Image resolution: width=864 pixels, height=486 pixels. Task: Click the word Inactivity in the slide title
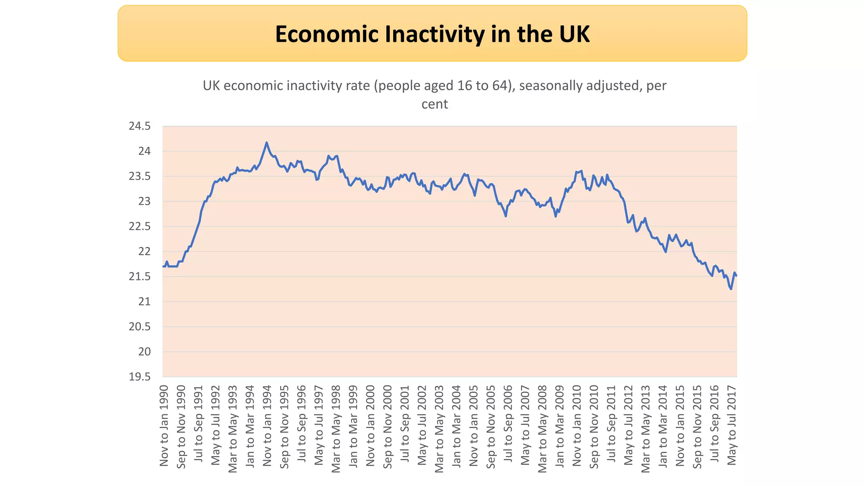point(434,34)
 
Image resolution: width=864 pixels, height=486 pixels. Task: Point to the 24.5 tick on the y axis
point(140,126)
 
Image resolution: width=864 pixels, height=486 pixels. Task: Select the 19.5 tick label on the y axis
point(140,377)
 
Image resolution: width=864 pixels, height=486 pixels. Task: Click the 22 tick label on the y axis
point(144,251)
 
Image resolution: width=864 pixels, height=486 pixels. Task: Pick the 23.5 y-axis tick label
point(140,176)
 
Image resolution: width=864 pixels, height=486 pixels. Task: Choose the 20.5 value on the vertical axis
point(140,327)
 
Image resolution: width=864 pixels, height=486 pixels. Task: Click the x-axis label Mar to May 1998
point(336,428)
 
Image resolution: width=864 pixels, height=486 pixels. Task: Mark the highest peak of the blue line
point(266,143)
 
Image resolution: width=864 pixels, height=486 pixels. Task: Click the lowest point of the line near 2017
point(731,289)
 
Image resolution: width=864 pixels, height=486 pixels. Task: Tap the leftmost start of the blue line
point(163,266)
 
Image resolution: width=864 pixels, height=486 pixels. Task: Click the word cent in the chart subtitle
point(435,104)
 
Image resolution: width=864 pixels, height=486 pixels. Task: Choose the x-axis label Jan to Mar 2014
point(663,426)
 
